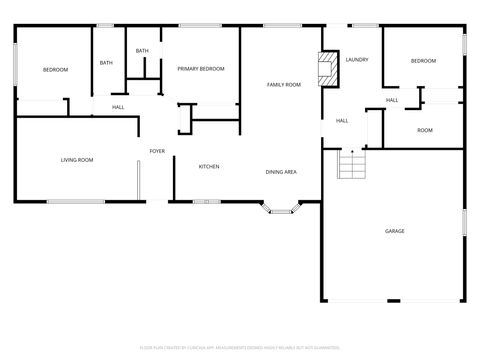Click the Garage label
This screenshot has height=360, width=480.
[395, 231]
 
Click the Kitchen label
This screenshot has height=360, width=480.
[209, 167]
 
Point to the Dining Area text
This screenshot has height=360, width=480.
[280, 172]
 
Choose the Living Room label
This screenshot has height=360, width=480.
[77, 160]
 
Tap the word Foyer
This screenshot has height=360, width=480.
[157, 151]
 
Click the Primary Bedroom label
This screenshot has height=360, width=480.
[200, 69]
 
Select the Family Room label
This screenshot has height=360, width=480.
[283, 85]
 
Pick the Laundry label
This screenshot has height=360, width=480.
[357, 60]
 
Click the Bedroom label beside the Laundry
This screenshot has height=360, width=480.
[423, 61]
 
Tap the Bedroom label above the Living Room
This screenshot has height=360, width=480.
[55, 69]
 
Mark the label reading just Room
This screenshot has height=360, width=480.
[425, 130]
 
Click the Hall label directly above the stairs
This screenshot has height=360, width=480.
[342, 121]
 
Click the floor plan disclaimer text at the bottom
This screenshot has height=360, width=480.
[240, 347]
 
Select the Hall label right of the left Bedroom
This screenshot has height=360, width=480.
[118, 107]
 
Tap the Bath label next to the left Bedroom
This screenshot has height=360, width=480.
[106, 63]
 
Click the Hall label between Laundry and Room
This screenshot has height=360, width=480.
[392, 100]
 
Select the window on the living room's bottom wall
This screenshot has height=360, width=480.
[76, 202]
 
